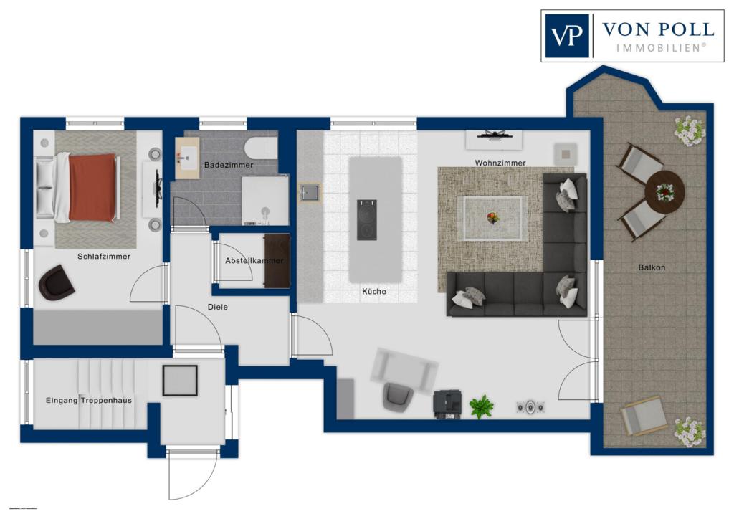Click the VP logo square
point(567,36)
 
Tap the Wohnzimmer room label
point(500,163)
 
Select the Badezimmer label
point(229,165)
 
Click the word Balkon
point(652,267)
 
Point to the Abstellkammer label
point(254,261)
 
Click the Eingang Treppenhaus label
point(89,400)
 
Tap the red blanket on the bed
point(92,187)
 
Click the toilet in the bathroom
point(261,148)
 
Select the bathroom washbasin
point(189,158)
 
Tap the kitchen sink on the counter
point(310,192)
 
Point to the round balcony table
point(664,191)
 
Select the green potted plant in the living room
point(481,406)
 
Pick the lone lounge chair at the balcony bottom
point(643,416)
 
